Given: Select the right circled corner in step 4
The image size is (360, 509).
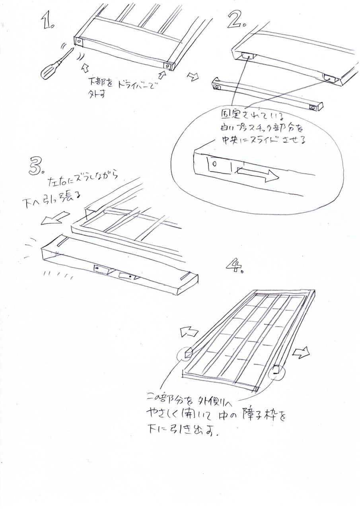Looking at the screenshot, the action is [275, 372].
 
